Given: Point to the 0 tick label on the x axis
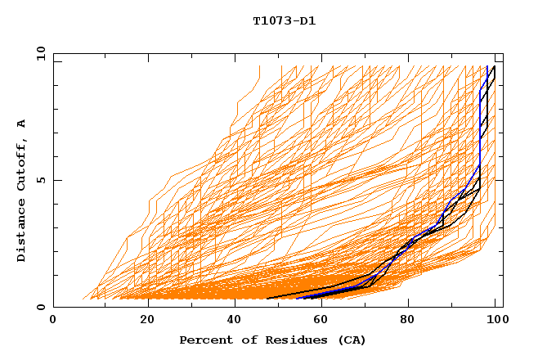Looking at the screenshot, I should click(x=53, y=321).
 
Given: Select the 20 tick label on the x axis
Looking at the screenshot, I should click(x=147, y=321).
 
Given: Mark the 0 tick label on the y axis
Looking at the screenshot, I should click(x=40, y=307).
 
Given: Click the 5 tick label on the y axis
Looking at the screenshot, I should click(x=40, y=180).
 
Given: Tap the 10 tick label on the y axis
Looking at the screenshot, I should click(x=38, y=53).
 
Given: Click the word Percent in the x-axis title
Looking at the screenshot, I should click(x=205, y=340).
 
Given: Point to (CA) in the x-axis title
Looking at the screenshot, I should click(x=352, y=340).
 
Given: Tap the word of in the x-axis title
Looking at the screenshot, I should click(x=248, y=340).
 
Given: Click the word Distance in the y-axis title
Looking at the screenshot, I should click(x=21, y=230).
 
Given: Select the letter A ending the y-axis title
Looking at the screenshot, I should click(x=21, y=123).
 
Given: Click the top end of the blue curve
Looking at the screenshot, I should click(x=487, y=66).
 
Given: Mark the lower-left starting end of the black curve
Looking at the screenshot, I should click(x=268, y=299).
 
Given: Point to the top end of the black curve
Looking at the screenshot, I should click(x=494, y=66).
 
